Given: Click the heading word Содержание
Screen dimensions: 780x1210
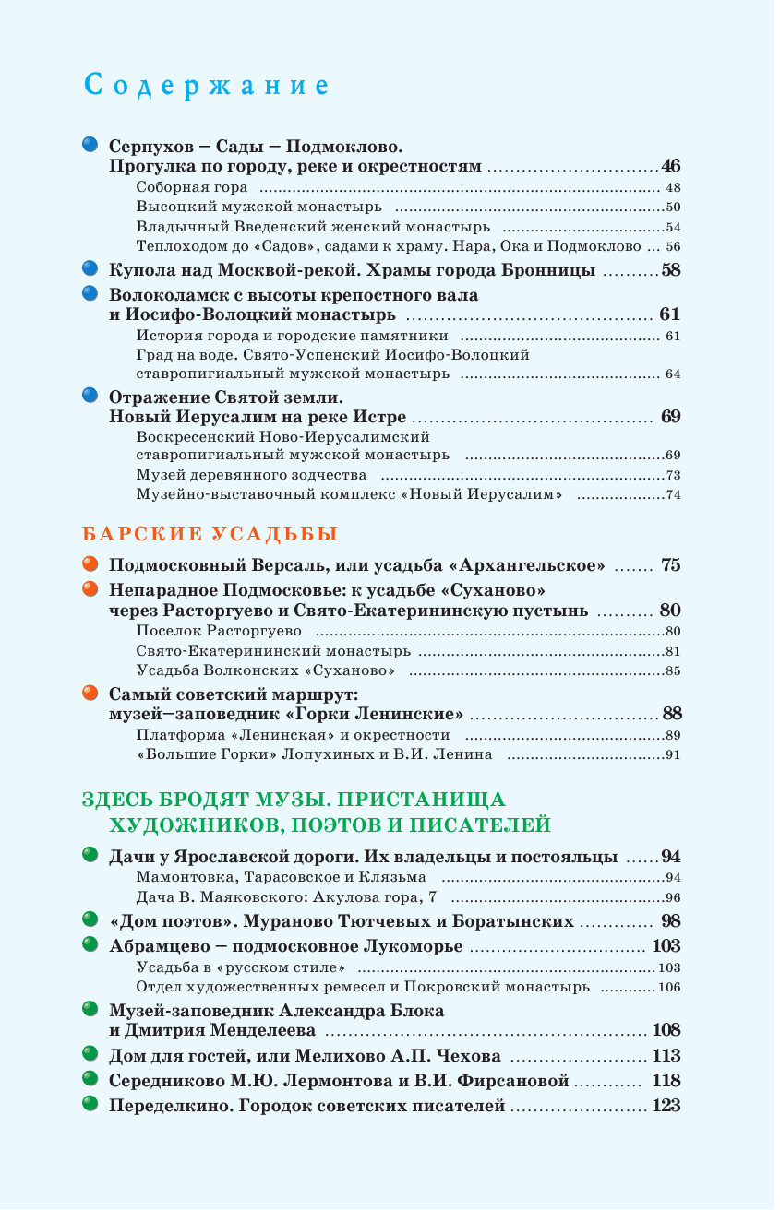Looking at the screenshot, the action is pyautogui.click(x=206, y=86).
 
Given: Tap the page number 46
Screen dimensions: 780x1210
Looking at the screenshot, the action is pyautogui.click(x=670, y=167).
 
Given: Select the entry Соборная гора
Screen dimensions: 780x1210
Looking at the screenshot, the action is pyautogui.click(x=192, y=187).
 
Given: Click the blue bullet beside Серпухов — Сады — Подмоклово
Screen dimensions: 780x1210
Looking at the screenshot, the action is pyautogui.click(x=90, y=145).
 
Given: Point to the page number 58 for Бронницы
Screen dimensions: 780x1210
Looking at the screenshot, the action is pyautogui.click(x=670, y=271).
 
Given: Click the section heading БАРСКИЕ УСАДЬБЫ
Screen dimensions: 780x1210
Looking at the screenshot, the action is pyautogui.click(x=210, y=534).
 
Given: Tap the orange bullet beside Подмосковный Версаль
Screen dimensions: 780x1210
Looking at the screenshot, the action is pyautogui.click(x=90, y=564).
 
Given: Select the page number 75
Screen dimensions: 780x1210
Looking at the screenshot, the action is pyautogui.click(x=670, y=565).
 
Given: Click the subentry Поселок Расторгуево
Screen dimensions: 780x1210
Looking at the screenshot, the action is pyautogui.click(x=219, y=632).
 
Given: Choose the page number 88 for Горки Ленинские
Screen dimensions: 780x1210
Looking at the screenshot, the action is pyautogui.click(x=671, y=714).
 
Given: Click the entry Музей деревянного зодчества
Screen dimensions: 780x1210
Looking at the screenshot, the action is pyautogui.click(x=251, y=475).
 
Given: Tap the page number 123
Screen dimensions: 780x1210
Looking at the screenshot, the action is pyautogui.click(x=666, y=1106).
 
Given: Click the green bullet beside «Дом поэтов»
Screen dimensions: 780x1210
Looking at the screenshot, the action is pyautogui.click(x=90, y=919).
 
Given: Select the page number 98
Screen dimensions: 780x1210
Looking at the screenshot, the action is pyautogui.click(x=670, y=921).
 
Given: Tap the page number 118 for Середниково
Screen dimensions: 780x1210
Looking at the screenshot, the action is pyautogui.click(x=666, y=1081).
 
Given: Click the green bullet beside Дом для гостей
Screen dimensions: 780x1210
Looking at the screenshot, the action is pyautogui.click(x=90, y=1054).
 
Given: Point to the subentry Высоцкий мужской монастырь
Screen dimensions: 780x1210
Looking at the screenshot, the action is pyautogui.click(x=258, y=208).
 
